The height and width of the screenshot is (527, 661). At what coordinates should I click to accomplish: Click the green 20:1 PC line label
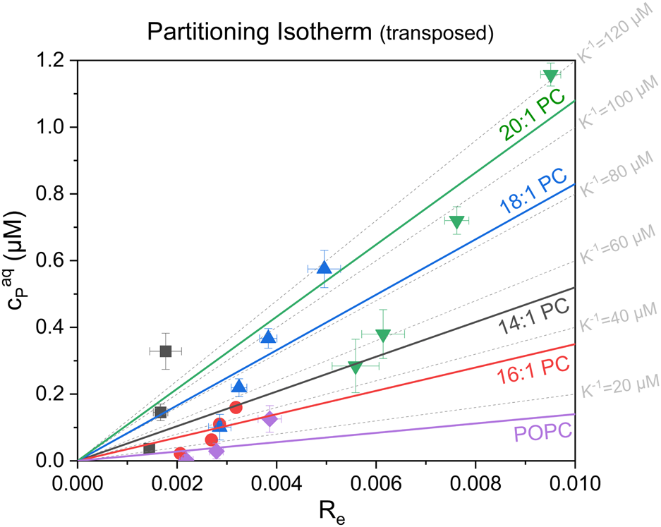pyautogui.click(x=533, y=117)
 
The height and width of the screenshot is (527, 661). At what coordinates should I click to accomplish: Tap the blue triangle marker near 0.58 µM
pyautogui.click(x=324, y=267)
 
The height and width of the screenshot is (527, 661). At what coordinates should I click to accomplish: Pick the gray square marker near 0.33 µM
pyautogui.click(x=166, y=351)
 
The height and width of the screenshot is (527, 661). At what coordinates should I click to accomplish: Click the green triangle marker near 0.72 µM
pyautogui.click(x=456, y=222)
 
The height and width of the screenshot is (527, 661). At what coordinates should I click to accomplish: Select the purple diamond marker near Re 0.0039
pyautogui.click(x=269, y=419)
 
